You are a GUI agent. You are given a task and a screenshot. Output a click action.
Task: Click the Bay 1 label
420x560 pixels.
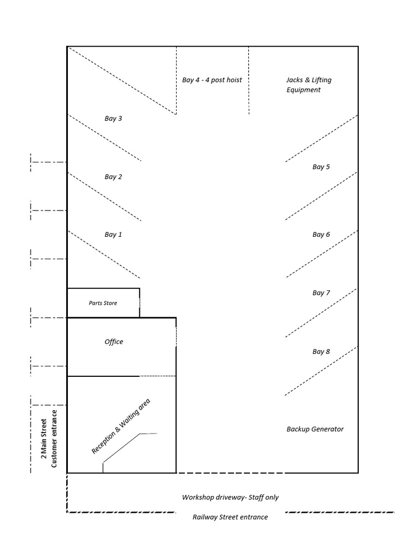[113, 235]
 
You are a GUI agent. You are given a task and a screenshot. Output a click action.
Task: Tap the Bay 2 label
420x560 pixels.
[113, 177]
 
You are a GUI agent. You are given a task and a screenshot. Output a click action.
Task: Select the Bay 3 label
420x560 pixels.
[113, 118]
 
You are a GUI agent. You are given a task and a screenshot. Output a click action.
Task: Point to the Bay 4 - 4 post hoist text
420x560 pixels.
[212, 80]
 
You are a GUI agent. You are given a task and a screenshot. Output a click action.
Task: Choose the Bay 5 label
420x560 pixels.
[321, 167]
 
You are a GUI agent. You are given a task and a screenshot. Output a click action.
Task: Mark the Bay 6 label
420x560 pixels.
[321, 235]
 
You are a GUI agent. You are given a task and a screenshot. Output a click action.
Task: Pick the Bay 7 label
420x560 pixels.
[321, 293]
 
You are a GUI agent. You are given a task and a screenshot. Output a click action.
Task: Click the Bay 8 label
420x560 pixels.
[321, 352]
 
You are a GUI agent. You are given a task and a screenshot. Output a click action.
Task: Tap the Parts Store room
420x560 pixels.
[103, 303]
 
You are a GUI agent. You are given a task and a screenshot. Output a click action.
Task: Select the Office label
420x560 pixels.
[114, 342]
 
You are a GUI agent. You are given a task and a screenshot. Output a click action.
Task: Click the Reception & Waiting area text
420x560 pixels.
[120, 427]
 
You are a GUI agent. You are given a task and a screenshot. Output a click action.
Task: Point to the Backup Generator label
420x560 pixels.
[315, 429]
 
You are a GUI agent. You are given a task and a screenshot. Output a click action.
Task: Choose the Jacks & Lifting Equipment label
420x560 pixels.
[308, 85]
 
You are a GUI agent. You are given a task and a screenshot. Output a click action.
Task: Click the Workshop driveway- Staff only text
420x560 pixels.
[230, 498]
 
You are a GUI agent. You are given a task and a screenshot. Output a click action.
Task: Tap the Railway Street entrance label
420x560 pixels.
[230, 517]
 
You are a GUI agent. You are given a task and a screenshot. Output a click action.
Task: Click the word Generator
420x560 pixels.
[328, 429]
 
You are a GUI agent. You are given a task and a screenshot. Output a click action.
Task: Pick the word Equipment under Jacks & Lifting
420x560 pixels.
[304, 90]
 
